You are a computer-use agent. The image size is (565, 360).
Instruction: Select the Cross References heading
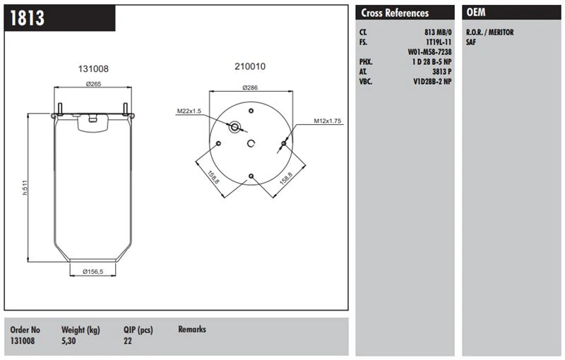click(395, 13)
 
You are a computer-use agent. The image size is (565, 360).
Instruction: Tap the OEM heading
click(477, 13)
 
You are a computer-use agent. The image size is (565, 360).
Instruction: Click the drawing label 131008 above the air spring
click(93, 69)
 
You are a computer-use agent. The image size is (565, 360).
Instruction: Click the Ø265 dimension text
click(95, 85)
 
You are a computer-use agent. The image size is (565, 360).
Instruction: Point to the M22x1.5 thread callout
click(189, 111)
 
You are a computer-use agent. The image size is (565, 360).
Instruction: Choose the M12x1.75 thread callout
click(328, 121)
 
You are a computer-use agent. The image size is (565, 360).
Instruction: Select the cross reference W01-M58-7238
click(430, 52)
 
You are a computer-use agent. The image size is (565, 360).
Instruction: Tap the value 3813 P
click(441, 71)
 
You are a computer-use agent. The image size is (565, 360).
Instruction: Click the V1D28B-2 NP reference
click(432, 81)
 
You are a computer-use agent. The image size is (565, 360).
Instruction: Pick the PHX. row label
click(366, 62)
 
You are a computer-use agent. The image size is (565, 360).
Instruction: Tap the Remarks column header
click(192, 329)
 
